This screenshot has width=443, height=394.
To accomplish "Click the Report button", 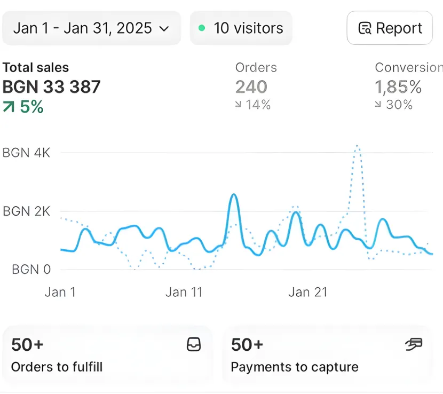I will point(390,28).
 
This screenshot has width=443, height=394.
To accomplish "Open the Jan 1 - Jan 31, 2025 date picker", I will point(91,28).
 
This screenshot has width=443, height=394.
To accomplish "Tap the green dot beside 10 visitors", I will point(202,28).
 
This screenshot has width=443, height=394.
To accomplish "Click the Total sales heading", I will point(36,68).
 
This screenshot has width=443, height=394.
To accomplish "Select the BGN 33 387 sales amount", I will point(52,86).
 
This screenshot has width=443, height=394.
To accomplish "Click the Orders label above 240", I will point(256,68).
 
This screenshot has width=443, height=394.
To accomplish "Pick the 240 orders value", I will point(251,86).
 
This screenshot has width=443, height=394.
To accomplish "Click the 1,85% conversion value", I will point(398,86).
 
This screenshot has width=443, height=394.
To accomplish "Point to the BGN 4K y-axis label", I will point(27,153).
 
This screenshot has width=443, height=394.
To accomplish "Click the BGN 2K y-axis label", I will point(27,211).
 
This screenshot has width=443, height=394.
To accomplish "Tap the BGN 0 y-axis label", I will point(31,270).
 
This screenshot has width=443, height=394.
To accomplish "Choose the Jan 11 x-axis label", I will point(184,292).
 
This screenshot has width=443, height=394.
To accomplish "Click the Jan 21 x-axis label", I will point(308,292).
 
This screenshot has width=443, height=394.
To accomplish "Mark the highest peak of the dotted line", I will point(357,146).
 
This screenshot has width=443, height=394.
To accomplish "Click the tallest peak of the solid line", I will point(233,195).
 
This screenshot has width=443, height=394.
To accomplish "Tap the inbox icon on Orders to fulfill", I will point(194,345).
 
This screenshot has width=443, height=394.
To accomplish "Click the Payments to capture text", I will point(295,367).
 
